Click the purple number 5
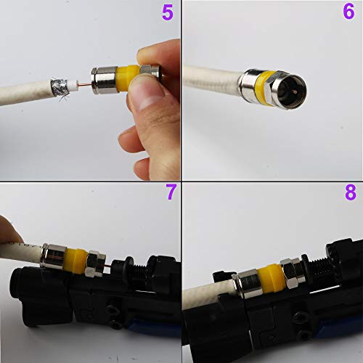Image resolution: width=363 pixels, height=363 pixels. coord(167,12)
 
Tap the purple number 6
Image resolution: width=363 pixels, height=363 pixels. coord(349,12)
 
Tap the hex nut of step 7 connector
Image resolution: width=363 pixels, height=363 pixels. coord(96,263)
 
